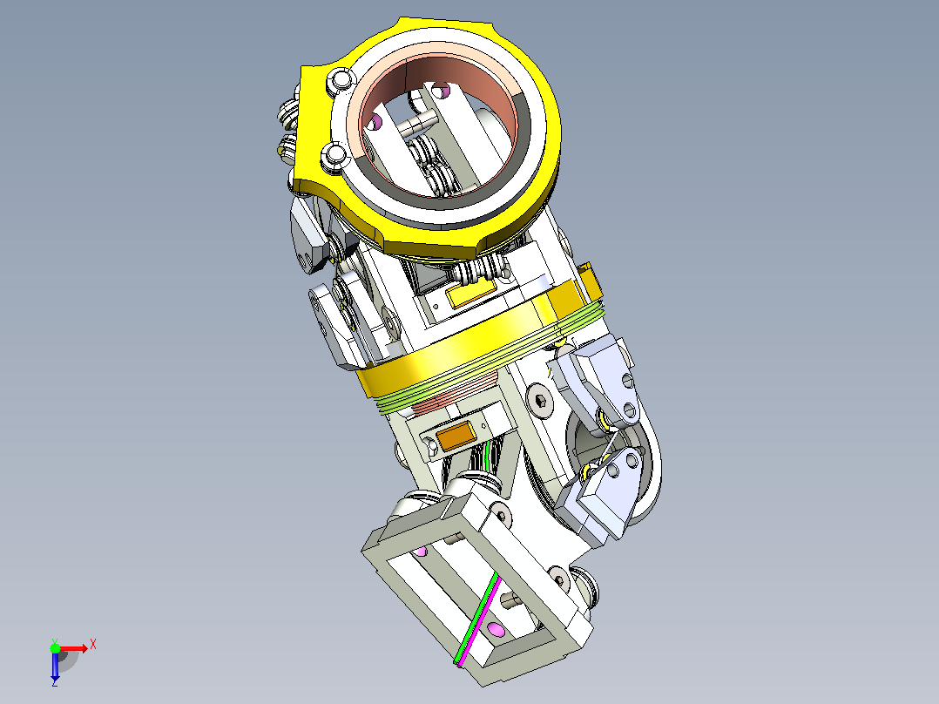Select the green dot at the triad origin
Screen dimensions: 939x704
pos(55,648)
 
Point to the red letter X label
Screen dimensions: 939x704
pos(93,645)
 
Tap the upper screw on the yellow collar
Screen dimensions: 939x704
pos(340,81)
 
